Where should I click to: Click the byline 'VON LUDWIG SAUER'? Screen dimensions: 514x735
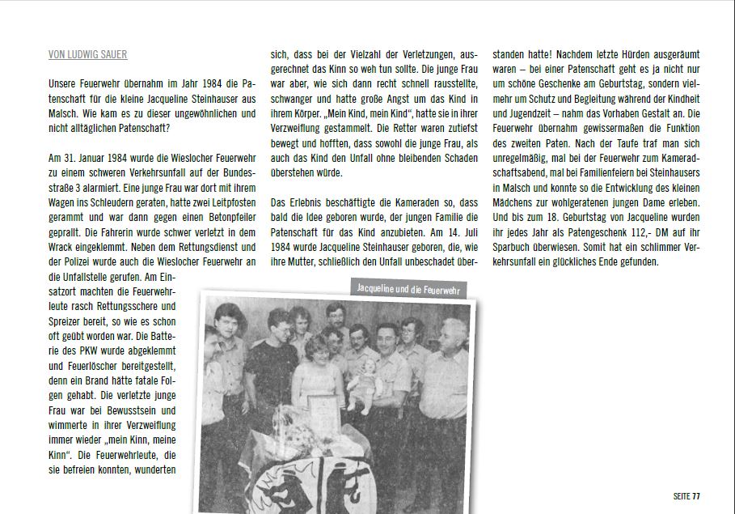(87, 55)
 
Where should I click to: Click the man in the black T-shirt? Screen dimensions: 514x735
(273, 364)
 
